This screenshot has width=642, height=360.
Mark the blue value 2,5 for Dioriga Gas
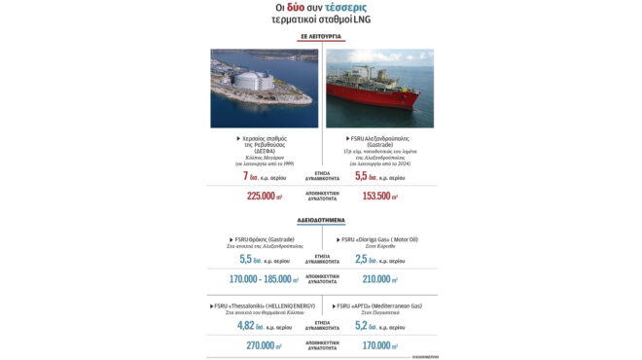[x=364, y=261]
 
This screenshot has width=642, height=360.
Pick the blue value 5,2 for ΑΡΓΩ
[x=364, y=325]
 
